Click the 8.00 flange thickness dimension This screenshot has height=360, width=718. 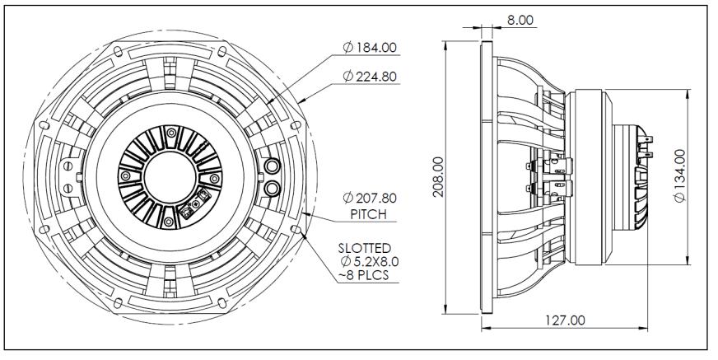click(x=520, y=18)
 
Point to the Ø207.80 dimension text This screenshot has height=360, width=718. click(x=367, y=199)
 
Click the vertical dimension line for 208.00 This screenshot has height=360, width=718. click(x=445, y=247)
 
